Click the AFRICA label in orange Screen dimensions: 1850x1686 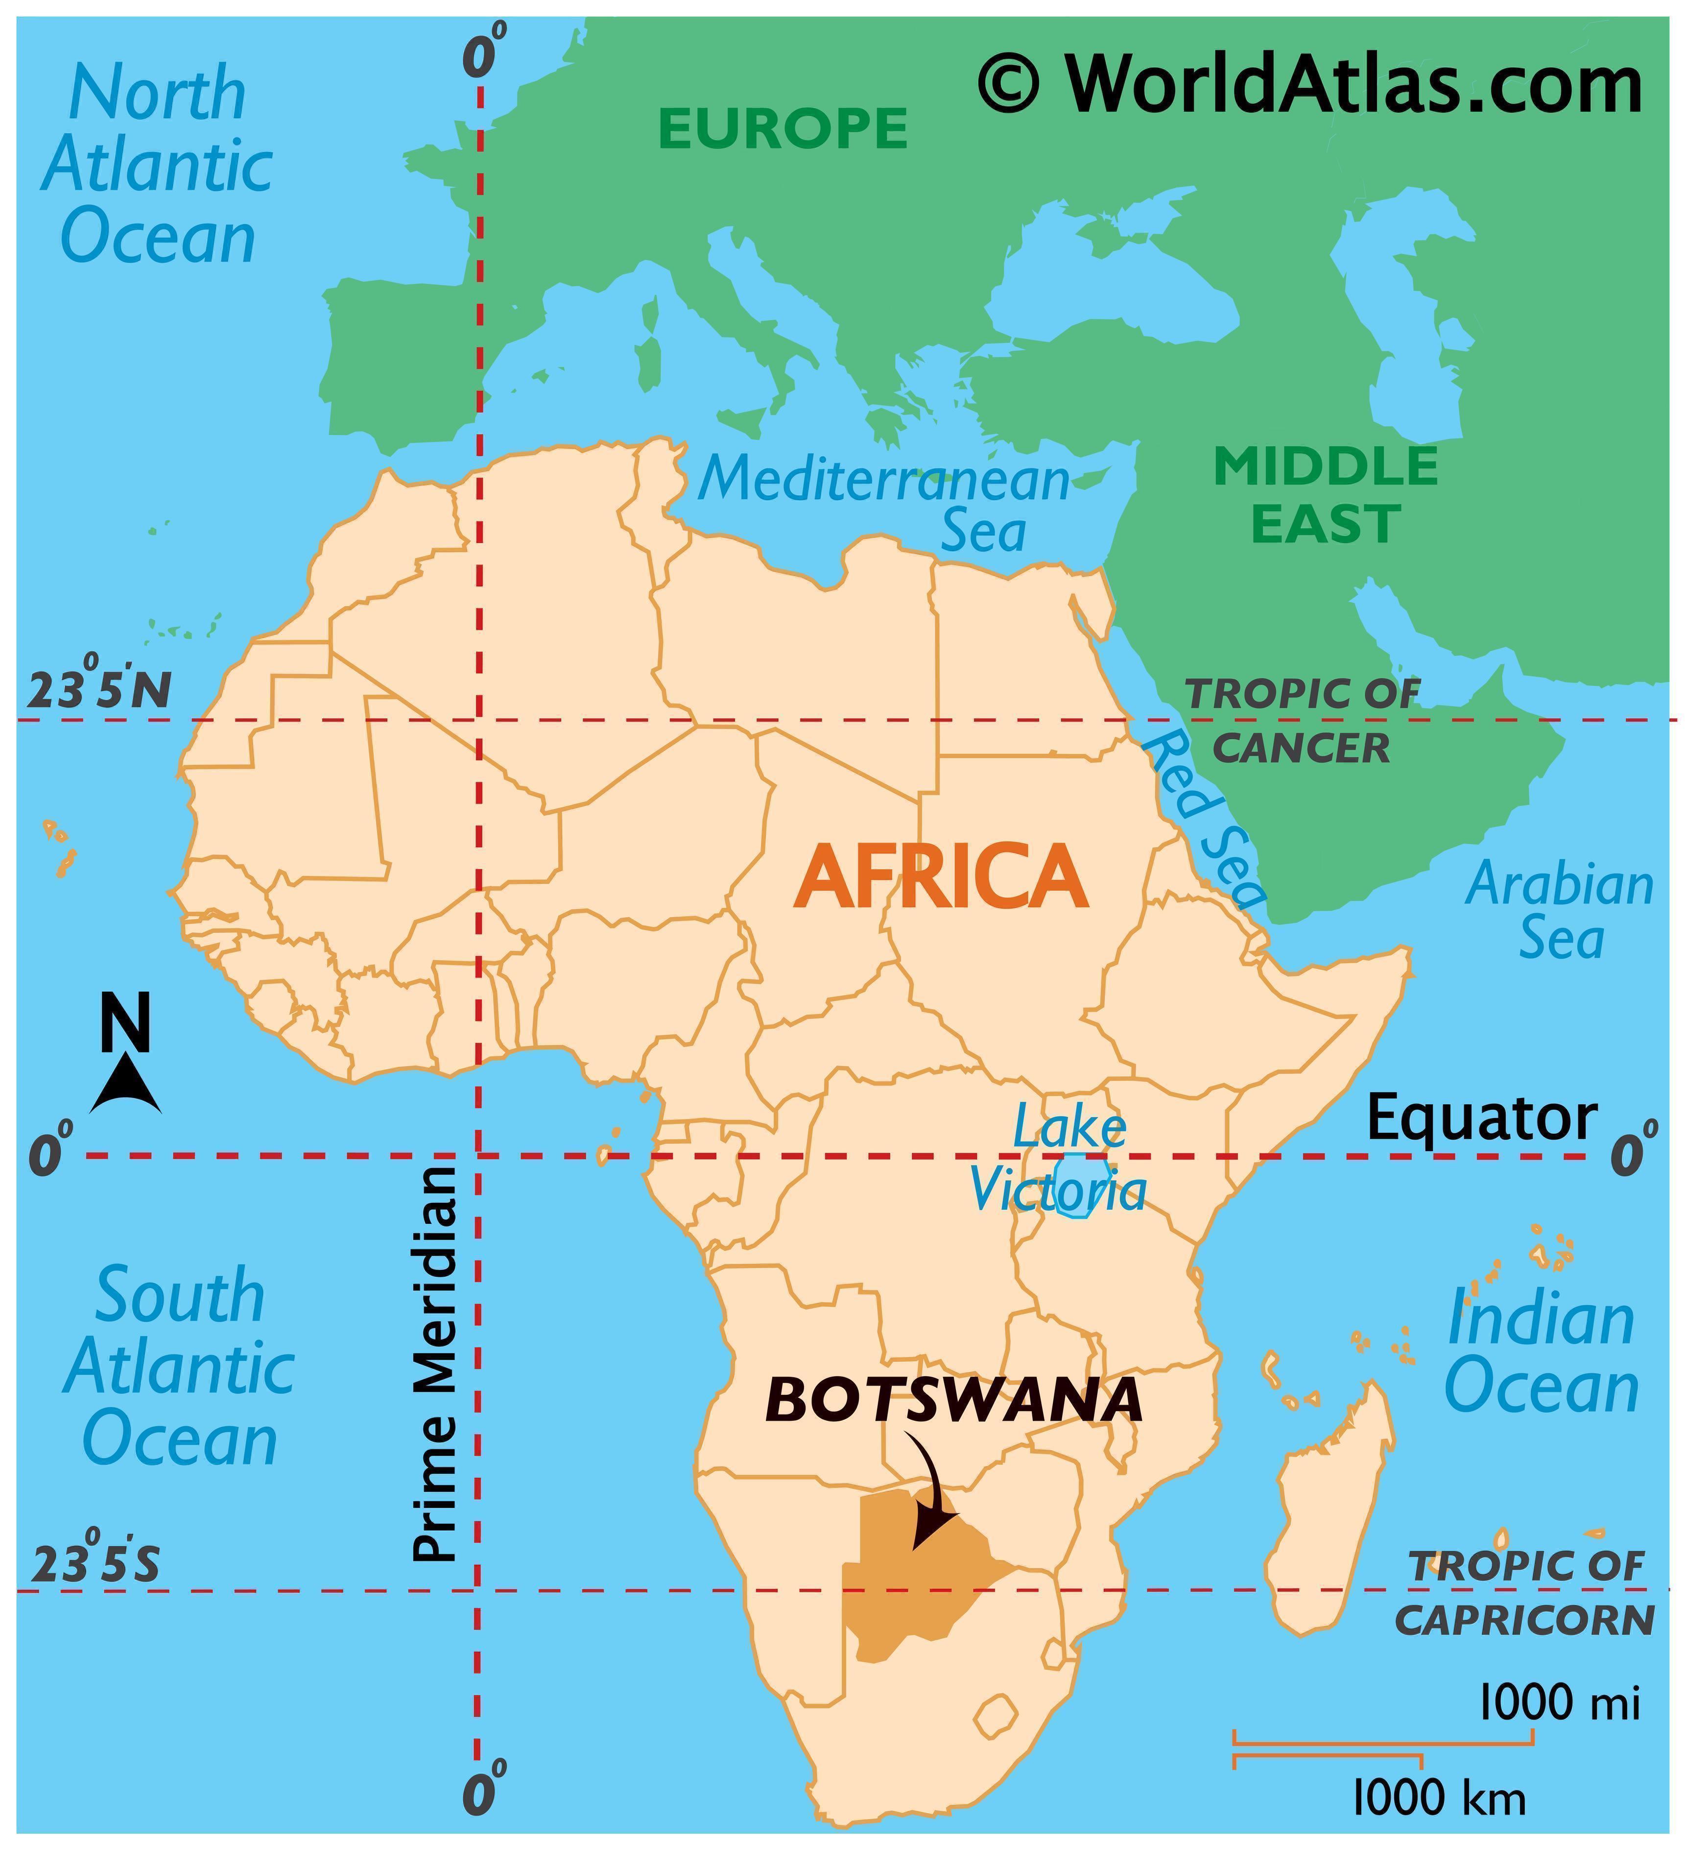tap(940, 876)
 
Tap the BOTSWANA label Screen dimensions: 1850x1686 tap(954, 1401)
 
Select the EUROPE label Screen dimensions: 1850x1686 tap(783, 128)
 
